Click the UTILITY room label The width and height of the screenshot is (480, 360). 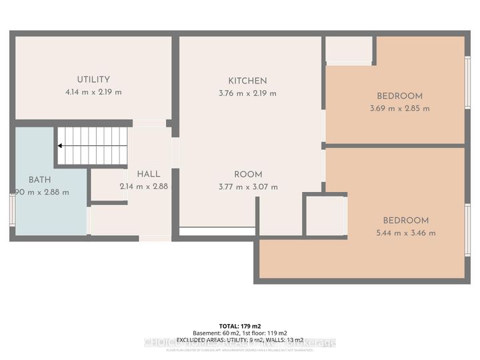93,79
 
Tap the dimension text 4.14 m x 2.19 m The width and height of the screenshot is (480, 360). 93,93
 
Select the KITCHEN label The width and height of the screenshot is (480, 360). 247,81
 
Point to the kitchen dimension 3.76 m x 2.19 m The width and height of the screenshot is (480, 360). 247,93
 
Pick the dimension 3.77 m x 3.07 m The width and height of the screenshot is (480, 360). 247,187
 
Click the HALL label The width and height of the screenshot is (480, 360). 149,174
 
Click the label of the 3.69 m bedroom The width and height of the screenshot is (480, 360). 399,96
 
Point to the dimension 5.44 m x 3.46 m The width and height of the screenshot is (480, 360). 405,233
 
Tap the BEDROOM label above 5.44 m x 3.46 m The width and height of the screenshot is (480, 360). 405,220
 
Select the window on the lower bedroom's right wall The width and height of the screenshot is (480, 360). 467,229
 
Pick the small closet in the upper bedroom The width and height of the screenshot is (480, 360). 348,50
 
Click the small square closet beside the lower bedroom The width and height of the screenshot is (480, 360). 325,215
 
